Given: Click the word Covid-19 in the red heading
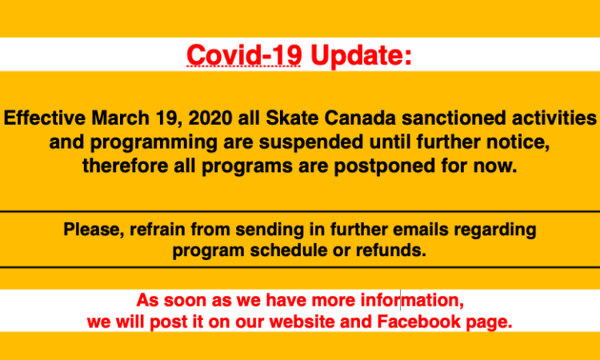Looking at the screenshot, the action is [244, 55].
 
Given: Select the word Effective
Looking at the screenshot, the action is [44, 118].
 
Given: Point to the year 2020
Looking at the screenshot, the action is [210, 118].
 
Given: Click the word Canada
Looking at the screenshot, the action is [360, 118].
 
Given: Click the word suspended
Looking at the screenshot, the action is [311, 142].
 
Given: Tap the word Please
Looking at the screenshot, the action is [94, 230].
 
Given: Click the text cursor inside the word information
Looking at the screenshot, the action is [401, 300].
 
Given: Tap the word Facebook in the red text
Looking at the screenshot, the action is [419, 322].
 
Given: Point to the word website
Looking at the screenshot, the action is [302, 322].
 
